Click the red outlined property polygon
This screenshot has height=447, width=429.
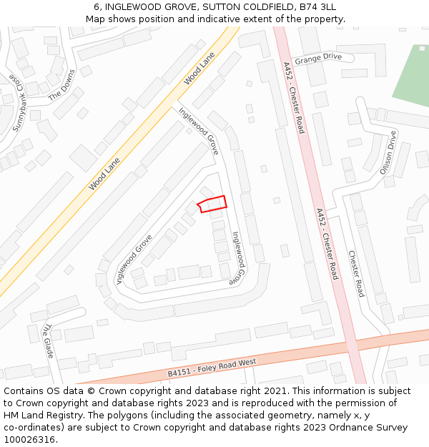[212, 204]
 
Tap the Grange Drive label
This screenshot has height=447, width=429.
[318, 58]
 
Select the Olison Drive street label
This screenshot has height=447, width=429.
[388, 153]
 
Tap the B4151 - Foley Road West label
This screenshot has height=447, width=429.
[212, 368]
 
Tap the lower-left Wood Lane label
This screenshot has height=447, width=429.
[104, 174]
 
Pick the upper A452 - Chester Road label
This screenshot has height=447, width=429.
[293, 97]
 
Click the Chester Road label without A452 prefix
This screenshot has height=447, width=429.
[356, 273]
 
